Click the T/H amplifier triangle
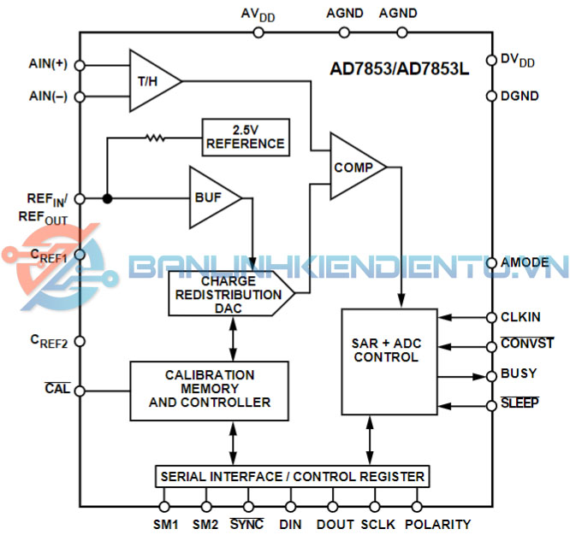151,81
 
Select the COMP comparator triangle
353,167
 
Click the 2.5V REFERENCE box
244,136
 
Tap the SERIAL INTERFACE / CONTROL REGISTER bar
291,476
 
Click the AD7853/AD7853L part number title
400,69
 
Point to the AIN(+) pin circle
80,65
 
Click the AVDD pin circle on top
258,32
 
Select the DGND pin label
520,97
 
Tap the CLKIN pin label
520,317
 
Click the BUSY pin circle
491,375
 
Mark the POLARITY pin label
437,524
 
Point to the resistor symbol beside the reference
156,136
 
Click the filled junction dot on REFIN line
107,198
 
